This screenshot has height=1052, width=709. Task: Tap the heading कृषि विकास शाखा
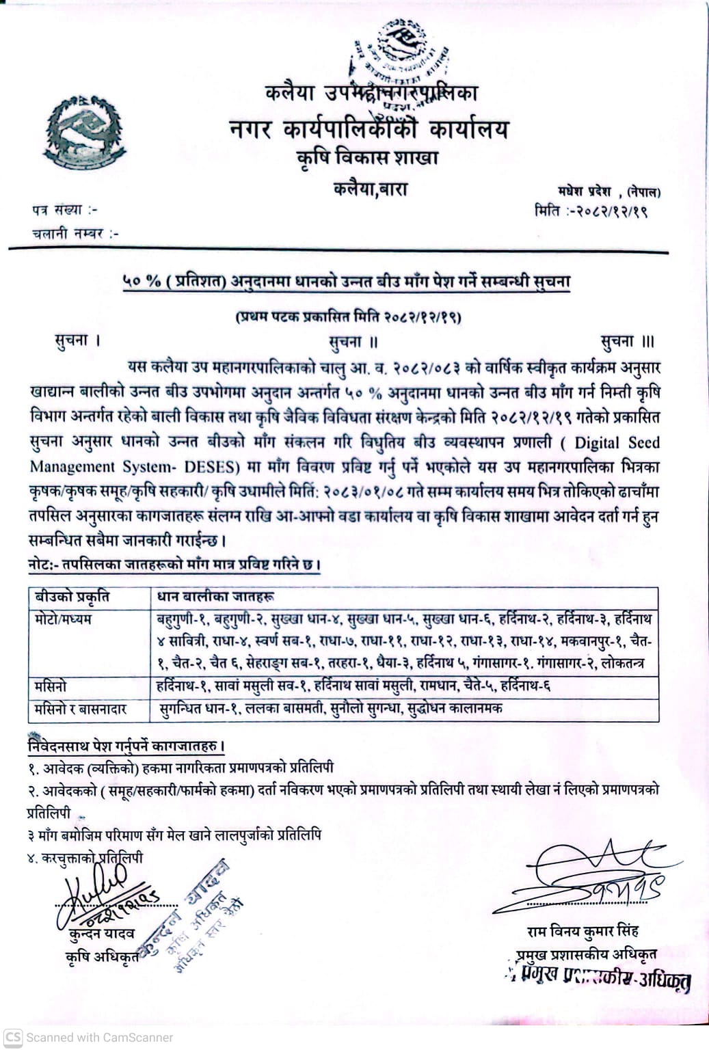[x=367, y=158]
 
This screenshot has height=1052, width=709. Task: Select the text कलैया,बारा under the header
[x=370, y=188]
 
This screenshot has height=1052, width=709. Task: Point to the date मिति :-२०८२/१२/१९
[x=591, y=211]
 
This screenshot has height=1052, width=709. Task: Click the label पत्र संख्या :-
[x=64, y=210]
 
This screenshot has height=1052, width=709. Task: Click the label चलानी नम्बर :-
[x=75, y=233]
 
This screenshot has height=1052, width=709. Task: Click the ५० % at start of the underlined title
[x=142, y=282]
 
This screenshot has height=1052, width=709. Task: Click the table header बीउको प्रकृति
[x=72, y=597]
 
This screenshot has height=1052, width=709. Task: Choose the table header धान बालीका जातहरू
[x=216, y=597]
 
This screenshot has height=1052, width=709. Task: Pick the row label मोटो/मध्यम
[x=63, y=619]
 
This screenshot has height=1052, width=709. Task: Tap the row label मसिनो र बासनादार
[x=81, y=710]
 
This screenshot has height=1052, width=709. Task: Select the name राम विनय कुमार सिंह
[x=583, y=931]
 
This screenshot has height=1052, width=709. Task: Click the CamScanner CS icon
[x=13, y=1036]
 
